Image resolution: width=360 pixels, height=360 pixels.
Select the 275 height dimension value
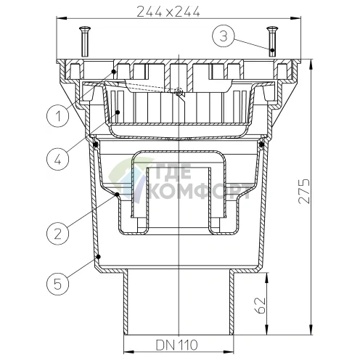click(308, 192)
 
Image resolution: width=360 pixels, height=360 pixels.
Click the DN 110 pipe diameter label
click(179, 344)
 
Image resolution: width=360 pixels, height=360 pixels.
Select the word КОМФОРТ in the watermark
click(197, 193)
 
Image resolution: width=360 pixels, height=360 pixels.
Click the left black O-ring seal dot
click(97, 144)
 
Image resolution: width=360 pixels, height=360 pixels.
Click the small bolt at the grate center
click(178, 92)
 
